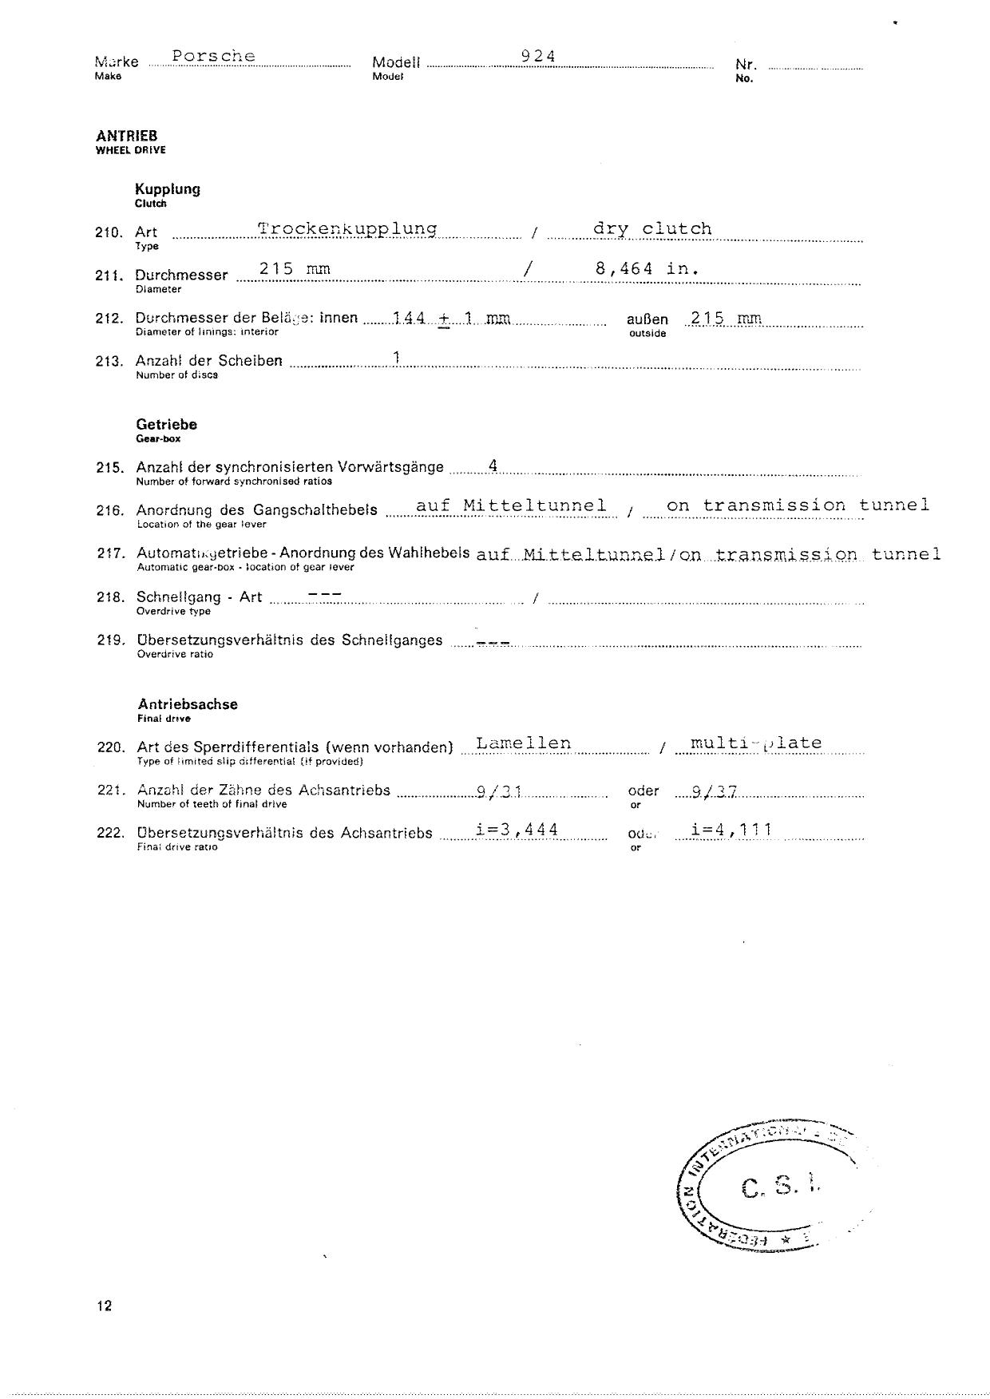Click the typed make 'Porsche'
tap(213, 56)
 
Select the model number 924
tap(537, 56)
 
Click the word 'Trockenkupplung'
tap(346, 229)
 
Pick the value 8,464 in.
tap(647, 269)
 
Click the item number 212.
tap(109, 319)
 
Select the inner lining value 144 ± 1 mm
tap(451, 319)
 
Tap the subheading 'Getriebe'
tap(166, 425)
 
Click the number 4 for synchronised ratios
tap(493, 466)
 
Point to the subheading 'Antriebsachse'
tap(188, 704)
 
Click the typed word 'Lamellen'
tap(523, 743)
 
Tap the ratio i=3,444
tap(516, 830)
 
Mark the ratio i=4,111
tap(731, 830)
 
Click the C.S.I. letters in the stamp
tap(780, 1188)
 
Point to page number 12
tap(105, 1306)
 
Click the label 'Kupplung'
tap(168, 189)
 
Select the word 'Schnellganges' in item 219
tap(392, 640)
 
